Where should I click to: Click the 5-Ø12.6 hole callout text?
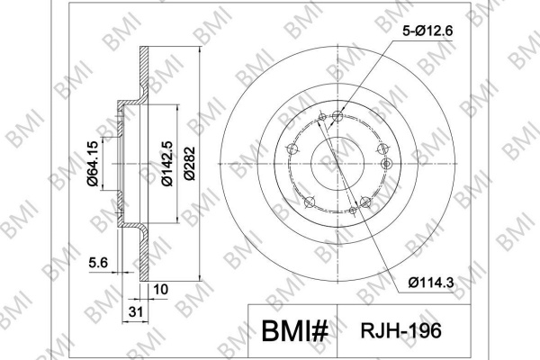point(427,31)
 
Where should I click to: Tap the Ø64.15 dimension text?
point(93,164)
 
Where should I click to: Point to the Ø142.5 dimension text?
point(167,164)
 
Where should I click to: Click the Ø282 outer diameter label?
point(190,164)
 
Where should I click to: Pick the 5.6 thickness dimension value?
point(98,263)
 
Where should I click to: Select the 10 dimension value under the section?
point(160,290)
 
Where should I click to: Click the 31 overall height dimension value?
point(135,312)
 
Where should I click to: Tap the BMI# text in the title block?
point(294,331)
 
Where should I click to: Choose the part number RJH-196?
point(400,330)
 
